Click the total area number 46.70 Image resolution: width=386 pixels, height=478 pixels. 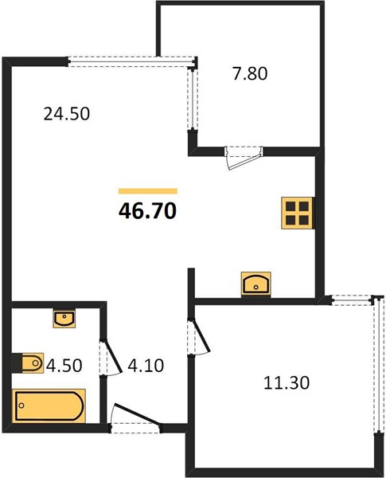147,211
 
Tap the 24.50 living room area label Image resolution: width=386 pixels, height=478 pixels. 67,114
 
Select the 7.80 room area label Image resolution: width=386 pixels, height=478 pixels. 250,74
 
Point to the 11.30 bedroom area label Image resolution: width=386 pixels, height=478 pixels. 287,383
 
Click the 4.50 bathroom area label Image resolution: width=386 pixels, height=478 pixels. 64,366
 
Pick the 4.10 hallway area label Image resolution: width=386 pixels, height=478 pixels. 146,366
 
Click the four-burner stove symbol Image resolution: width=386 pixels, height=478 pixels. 298,213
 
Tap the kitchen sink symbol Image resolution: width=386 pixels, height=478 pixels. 256,284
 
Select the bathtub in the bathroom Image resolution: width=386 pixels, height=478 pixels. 49,406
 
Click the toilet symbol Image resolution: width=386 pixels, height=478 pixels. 33,362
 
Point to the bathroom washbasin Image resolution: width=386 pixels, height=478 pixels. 64,319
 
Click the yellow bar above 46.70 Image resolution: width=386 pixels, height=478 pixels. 148,191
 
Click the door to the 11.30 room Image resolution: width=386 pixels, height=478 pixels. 198,337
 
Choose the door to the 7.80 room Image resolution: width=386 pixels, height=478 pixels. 244,158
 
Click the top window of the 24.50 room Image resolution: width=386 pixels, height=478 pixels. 131,61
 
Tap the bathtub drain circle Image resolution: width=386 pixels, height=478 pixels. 21,406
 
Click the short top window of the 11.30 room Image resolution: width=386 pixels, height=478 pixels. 352,300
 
